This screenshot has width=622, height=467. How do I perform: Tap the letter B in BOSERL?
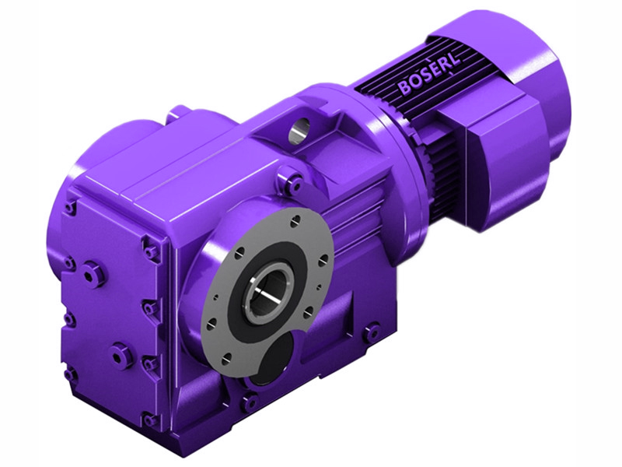tap(405, 87)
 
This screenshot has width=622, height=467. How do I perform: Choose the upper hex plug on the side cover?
tap(93, 273)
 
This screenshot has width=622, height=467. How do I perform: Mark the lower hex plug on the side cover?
tap(119, 356)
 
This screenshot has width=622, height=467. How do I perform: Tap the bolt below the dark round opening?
tap(250, 402)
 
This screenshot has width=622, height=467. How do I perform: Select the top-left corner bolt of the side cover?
tap(71, 207)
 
